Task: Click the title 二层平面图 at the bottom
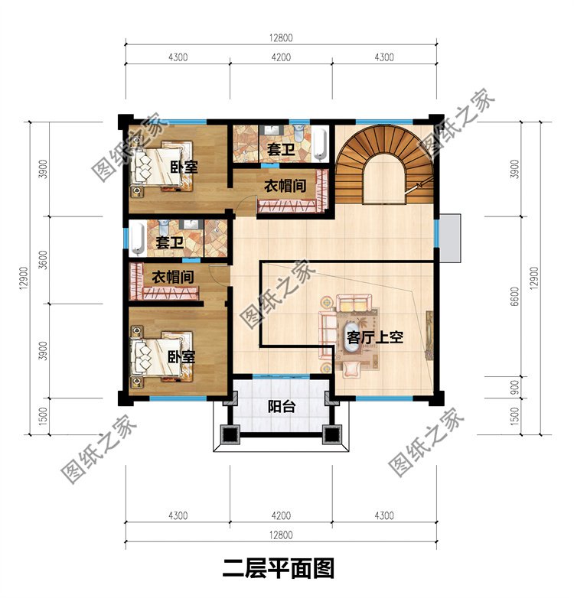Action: pos(279,569)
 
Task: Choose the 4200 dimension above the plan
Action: pos(281,57)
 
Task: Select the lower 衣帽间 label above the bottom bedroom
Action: pos(171,277)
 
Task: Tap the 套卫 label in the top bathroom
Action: pos(281,148)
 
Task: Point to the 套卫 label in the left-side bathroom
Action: pos(170,242)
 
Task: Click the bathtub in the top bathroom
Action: pos(320,142)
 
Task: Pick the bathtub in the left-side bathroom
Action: pos(137,239)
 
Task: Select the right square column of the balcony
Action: pos(333,436)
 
